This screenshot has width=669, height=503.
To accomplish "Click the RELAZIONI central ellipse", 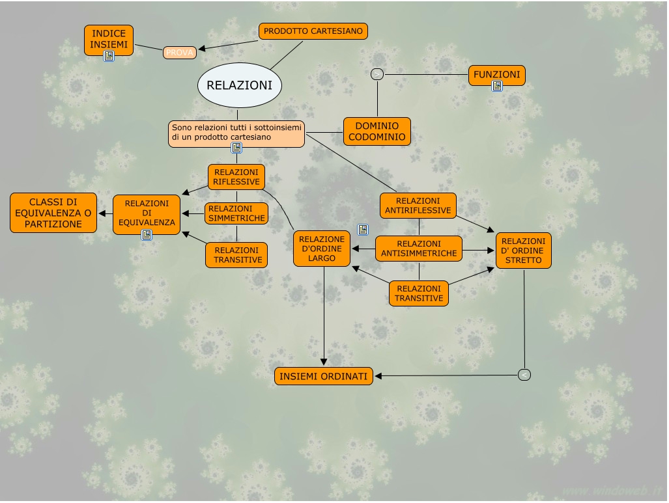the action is (x=239, y=85).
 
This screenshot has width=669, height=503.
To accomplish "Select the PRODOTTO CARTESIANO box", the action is (x=313, y=31).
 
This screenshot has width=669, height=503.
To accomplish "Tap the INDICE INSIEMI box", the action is (x=109, y=40).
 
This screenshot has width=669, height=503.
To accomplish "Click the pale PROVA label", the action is (x=180, y=53).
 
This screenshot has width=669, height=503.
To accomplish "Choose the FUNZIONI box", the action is (x=496, y=75).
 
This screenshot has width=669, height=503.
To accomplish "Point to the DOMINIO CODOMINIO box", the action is (x=377, y=131).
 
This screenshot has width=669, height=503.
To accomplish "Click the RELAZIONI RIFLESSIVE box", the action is (x=236, y=177).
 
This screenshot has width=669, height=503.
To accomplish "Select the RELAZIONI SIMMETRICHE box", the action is (x=236, y=213).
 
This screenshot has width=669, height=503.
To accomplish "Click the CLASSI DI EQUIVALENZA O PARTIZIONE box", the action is (x=53, y=213).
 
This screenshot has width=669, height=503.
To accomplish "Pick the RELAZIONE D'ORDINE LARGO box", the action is (x=322, y=249).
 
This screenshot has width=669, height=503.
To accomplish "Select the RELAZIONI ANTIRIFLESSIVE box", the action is (x=418, y=206).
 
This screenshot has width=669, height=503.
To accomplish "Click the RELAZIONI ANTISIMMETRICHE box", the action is (x=419, y=249).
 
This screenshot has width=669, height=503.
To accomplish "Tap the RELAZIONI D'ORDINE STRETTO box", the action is (x=524, y=251).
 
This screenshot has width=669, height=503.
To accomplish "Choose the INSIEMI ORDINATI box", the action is (x=323, y=376).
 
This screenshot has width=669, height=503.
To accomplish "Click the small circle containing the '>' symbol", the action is (x=377, y=75).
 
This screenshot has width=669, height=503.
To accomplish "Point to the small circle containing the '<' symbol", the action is (x=524, y=375).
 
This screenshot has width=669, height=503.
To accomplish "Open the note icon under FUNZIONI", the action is (x=497, y=86).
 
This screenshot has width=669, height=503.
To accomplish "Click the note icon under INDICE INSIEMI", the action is (x=109, y=56).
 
